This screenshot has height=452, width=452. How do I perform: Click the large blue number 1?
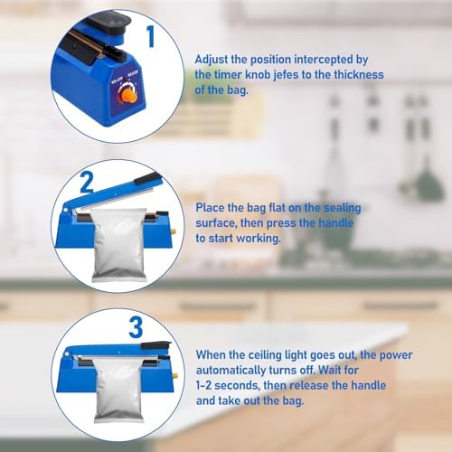tap(151, 36)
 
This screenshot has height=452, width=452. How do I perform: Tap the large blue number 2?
tap(87, 182)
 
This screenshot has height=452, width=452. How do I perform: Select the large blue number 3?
tap(136, 327)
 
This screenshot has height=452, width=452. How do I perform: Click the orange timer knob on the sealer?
tap(129, 96)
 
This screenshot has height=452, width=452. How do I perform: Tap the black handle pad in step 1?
tap(110, 19)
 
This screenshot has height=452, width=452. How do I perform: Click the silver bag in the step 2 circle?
tap(119, 245)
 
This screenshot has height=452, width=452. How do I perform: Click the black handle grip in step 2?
tap(147, 178)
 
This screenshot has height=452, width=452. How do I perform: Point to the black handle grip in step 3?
tap(156, 345)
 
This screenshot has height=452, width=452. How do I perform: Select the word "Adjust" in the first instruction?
tap(212, 60)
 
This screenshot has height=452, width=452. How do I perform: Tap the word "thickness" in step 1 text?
tap(359, 74)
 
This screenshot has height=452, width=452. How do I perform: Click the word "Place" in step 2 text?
tap(210, 208)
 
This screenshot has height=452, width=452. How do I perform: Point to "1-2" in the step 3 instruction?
tap(204, 385)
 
